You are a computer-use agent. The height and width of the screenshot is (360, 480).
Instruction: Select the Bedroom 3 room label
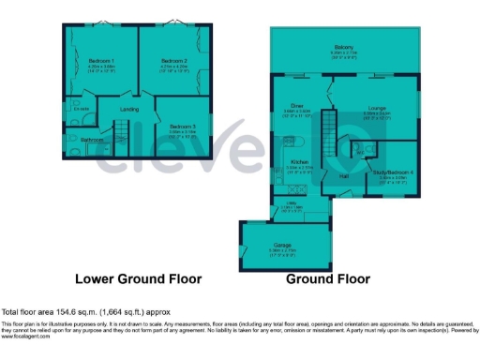pyautogui.click(x=183, y=126)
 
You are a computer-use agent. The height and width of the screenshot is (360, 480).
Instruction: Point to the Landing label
pyautogui.click(x=129, y=110)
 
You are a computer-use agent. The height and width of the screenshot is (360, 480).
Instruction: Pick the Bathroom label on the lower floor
pyautogui.click(x=92, y=140)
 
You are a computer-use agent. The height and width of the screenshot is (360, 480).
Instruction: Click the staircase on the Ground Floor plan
pyautogui.click(x=328, y=131)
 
